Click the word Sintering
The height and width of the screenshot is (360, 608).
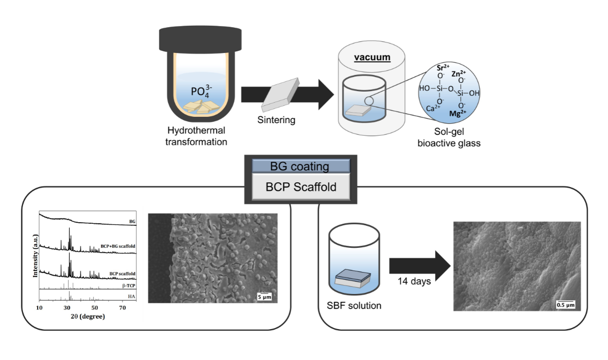(277, 120)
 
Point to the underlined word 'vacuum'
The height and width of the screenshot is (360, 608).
(371, 57)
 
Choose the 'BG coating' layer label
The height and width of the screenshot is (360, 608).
(300, 167)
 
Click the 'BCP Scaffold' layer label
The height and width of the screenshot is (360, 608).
(301, 188)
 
